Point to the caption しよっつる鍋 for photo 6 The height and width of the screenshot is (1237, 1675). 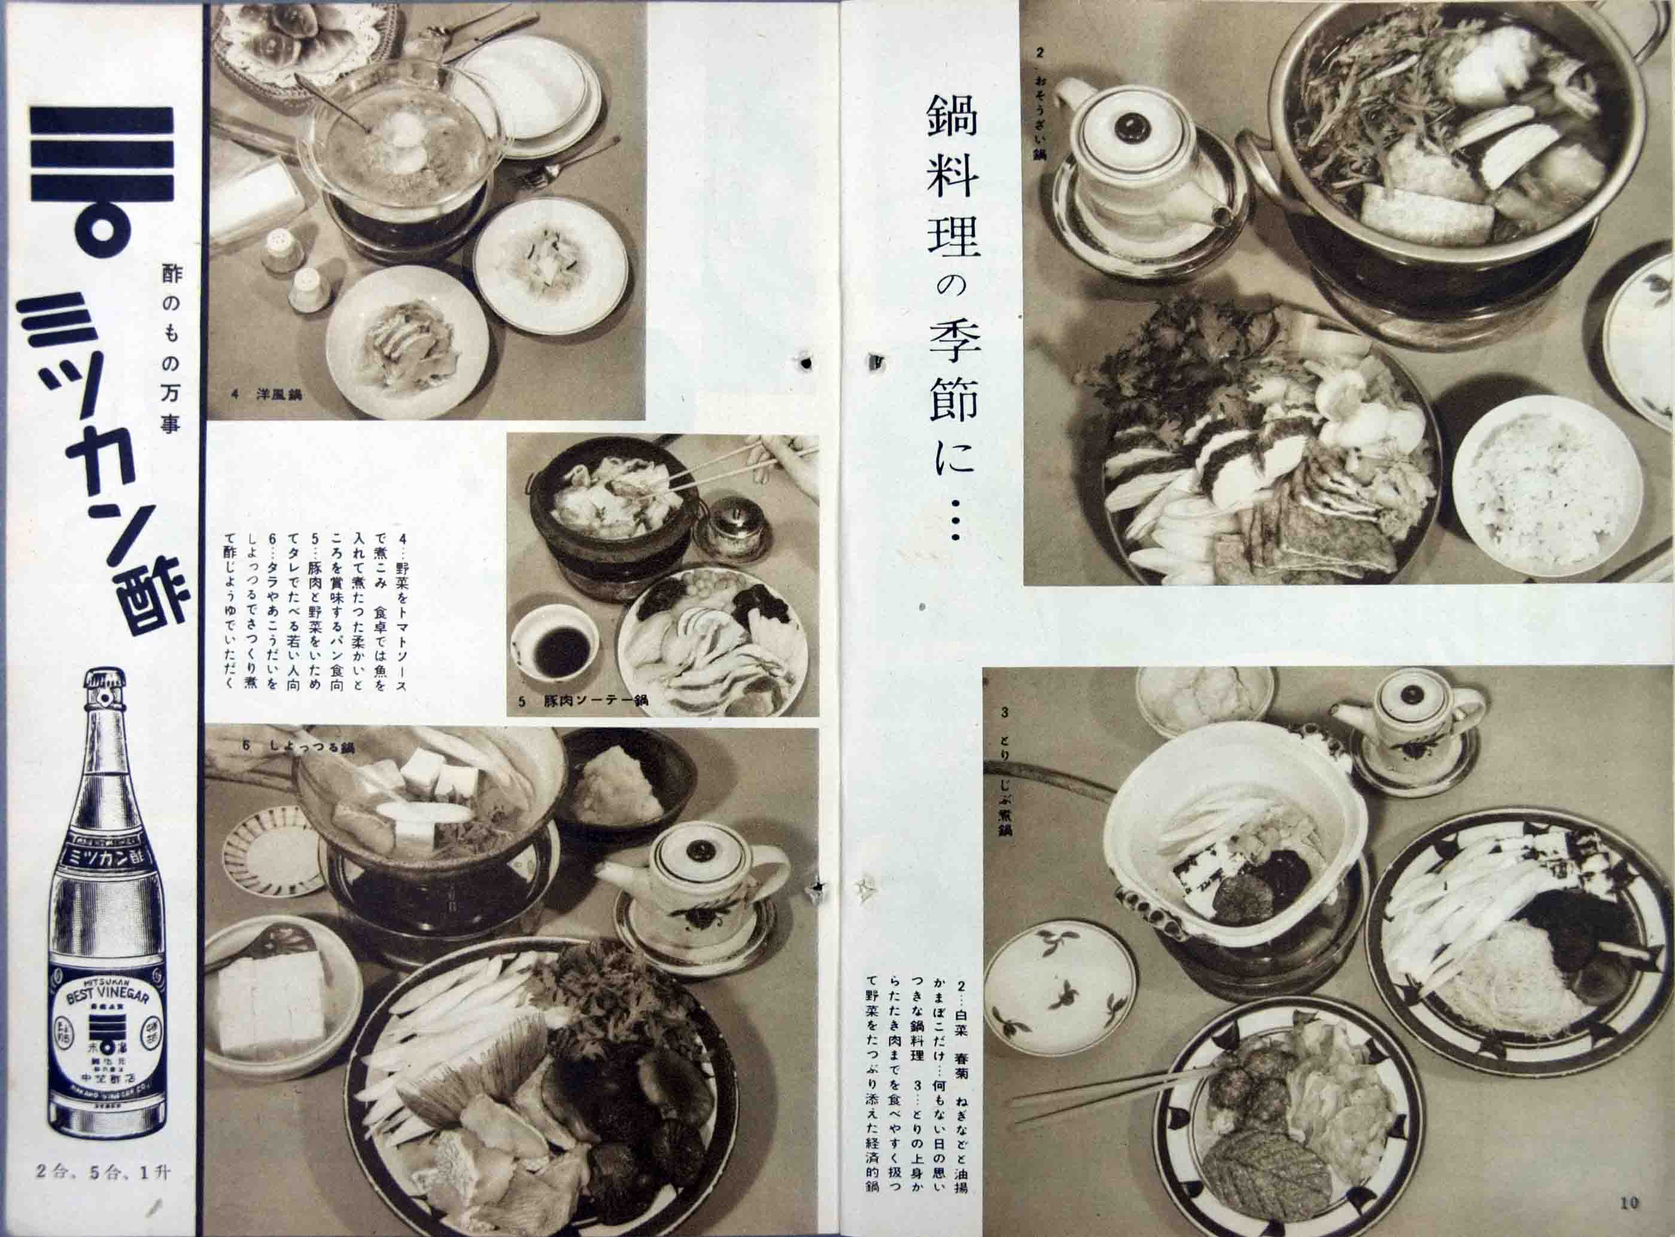tap(300, 749)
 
